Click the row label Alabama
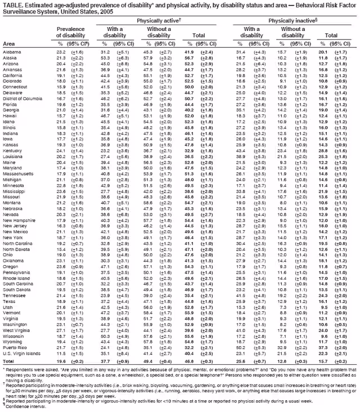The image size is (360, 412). [12, 52]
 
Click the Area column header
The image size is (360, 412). [8, 43]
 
